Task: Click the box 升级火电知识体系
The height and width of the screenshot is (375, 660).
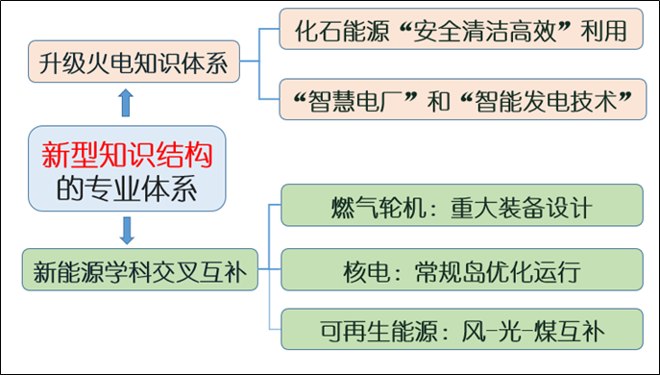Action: [x=133, y=64]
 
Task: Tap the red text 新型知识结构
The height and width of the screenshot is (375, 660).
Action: [x=127, y=153]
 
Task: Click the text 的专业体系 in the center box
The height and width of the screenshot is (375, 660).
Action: [x=126, y=187]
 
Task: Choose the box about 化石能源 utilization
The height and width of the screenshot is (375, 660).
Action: [x=460, y=32]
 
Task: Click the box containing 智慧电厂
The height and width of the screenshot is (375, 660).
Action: [x=460, y=100]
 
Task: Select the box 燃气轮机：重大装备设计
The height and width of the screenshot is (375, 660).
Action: [x=460, y=207]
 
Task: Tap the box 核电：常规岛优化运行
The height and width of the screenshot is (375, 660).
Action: [x=460, y=268]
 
